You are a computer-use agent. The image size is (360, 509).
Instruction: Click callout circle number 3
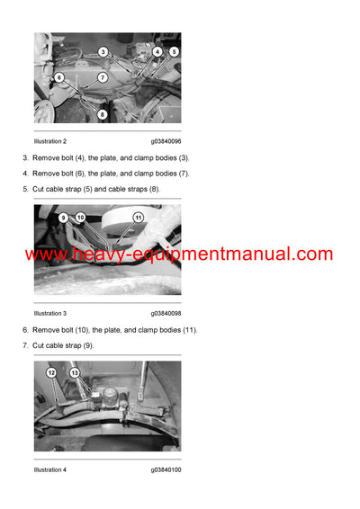103,52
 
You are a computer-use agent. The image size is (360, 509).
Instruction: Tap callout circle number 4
157,52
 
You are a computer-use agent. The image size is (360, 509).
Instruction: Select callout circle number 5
174,52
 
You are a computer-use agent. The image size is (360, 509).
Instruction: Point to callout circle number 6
59,78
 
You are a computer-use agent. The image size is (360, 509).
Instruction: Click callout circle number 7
103,78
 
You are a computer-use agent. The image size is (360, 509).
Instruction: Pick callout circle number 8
102,114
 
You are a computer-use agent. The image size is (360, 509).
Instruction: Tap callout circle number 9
63,218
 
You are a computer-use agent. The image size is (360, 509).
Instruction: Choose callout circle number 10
80,218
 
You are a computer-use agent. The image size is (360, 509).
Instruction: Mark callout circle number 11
138,218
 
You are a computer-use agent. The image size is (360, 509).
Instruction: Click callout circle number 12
51,372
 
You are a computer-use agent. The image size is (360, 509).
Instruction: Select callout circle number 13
75,372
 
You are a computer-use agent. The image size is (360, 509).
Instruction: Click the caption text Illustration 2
50,141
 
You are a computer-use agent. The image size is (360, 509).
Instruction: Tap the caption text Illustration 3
50,313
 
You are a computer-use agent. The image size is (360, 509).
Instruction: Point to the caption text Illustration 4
50,469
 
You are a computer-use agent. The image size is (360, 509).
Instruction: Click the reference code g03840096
166,141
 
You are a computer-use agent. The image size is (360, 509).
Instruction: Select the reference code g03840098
166,313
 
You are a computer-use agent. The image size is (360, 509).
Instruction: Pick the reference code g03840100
166,469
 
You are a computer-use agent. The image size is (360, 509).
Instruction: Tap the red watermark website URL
179,254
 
